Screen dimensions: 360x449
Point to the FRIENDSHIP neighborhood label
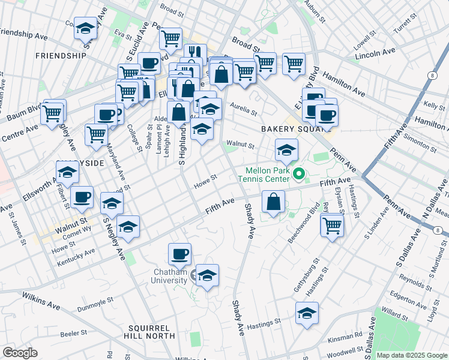pos(61,56)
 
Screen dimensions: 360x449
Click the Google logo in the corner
pos(20,353)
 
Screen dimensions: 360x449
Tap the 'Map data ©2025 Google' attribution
pos(412,355)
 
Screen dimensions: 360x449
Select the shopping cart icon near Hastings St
pos(331,226)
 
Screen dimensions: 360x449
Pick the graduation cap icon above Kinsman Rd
pos(307,313)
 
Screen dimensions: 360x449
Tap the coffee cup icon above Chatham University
pos(179,254)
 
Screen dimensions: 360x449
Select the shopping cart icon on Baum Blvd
pos(53,112)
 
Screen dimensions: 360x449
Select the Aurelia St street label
pos(244,112)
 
